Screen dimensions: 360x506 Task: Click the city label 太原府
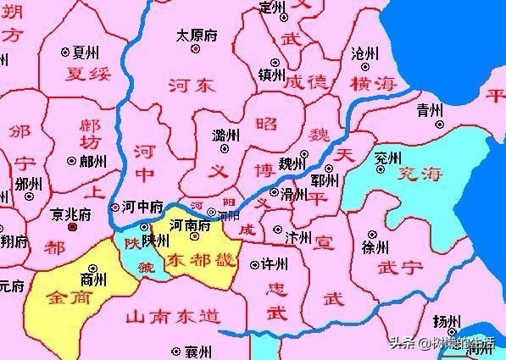click(196, 36)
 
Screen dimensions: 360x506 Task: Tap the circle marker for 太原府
click(196, 49)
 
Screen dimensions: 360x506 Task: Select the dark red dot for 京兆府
click(73, 227)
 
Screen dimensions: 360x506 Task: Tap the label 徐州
click(374, 248)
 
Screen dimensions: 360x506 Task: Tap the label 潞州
click(225, 136)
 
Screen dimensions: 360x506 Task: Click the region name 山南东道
click(173, 318)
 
